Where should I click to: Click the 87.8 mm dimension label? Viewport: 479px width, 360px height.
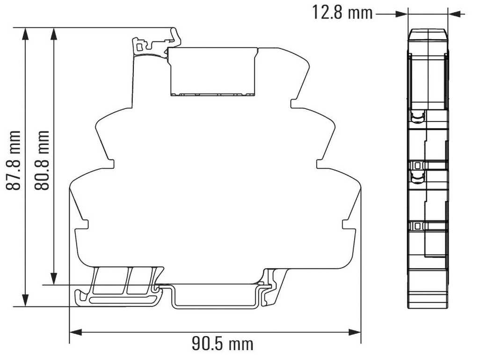click(x=14, y=160)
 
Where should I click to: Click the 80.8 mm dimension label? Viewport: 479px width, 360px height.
click(x=42, y=160)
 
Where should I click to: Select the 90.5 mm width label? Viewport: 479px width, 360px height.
click(x=222, y=344)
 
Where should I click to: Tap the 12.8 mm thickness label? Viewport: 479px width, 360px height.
click(x=342, y=13)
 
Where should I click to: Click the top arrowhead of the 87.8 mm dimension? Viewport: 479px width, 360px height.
click(x=25, y=34)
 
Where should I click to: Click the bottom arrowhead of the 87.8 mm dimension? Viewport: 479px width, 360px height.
click(x=25, y=300)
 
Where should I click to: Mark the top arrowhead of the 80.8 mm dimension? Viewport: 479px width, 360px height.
click(x=54, y=34)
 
